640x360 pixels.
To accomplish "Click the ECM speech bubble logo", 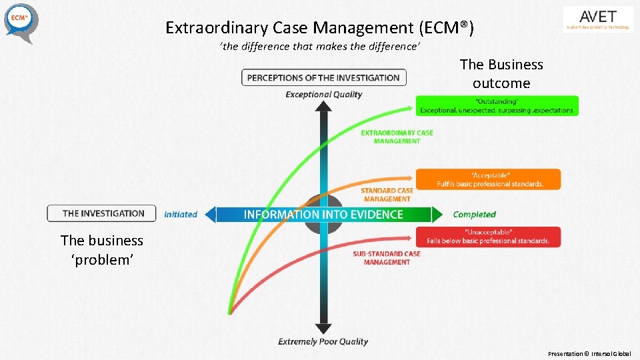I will (21, 21).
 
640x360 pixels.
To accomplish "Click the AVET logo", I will (598, 19).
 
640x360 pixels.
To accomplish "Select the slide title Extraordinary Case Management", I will (319, 28).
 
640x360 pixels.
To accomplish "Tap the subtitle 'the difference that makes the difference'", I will (319, 47).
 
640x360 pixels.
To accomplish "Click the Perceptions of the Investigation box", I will (323, 78).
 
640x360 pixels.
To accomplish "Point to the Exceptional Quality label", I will (323, 95).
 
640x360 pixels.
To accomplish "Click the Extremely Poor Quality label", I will (323, 341).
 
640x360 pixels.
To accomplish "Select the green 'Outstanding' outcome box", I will (497, 105).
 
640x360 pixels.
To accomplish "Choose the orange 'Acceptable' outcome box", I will (488, 179).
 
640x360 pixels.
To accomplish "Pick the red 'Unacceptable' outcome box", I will (488, 237).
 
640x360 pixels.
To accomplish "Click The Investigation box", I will (102, 213).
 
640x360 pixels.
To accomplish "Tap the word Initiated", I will (181, 214).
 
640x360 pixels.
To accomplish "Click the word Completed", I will (474, 214).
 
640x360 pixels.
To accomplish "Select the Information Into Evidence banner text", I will (323, 214).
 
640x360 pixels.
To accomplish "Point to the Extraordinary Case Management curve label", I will (397, 137).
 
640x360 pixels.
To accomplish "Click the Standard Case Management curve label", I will (387, 195).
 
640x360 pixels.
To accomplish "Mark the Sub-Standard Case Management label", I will (387, 258).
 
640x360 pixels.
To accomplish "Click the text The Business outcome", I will (501, 74).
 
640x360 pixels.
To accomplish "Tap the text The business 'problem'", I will (102, 250).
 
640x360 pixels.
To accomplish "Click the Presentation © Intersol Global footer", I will (589, 354).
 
